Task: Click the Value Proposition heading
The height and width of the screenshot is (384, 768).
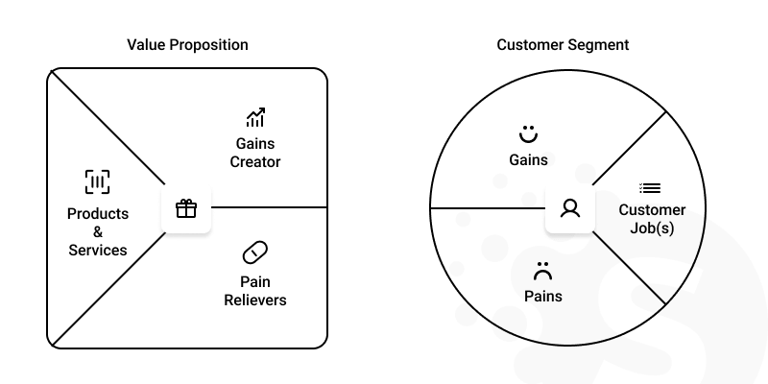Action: pyautogui.click(x=187, y=45)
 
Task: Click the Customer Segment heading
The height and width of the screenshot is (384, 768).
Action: pyautogui.click(x=563, y=45)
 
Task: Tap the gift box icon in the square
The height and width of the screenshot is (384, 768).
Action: pyautogui.click(x=186, y=208)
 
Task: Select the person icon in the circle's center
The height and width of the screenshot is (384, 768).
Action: pyautogui.click(x=570, y=208)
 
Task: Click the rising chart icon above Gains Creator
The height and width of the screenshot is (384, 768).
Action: pyautogui.click(x=255, y=118)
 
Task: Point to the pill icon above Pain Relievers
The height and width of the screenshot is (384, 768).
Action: pyautogui.click(x=255, y=252)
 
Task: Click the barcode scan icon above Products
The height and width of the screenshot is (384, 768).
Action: pyautogui.click(x=97, y=182)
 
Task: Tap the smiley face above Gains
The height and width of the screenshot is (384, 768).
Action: pyautogui.click(x=527, y=132)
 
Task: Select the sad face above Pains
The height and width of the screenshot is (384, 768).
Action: pyautogui.click(x=543, y=271)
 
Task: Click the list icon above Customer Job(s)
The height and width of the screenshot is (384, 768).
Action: pyautogui.click(x=650, y=188)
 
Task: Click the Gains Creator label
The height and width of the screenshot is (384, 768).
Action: pyautogui.click(x=255, y=153)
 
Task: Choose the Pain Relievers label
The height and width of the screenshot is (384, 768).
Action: pyautogui.click(x=255, y=291)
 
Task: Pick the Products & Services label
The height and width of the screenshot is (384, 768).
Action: pyautogui.click(x=97, y=231)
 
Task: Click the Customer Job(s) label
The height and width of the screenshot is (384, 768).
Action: pyautogui.click(x=652, y=219)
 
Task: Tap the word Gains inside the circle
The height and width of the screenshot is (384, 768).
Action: pyautogui.click(x=528, y=159)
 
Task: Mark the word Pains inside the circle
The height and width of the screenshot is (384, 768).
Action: pyautogui.click(x=543, y=297)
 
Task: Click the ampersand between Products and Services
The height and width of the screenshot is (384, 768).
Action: pyautogui.click(x=97, y=232)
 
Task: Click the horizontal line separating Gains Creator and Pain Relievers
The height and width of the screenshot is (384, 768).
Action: pyautogui.click(x=269, y=207)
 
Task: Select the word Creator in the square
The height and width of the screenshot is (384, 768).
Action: pyautogui.click(x=255, y=162)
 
